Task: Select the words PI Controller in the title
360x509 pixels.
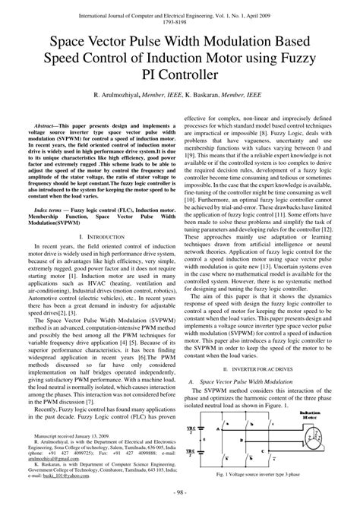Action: point(180,74)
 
